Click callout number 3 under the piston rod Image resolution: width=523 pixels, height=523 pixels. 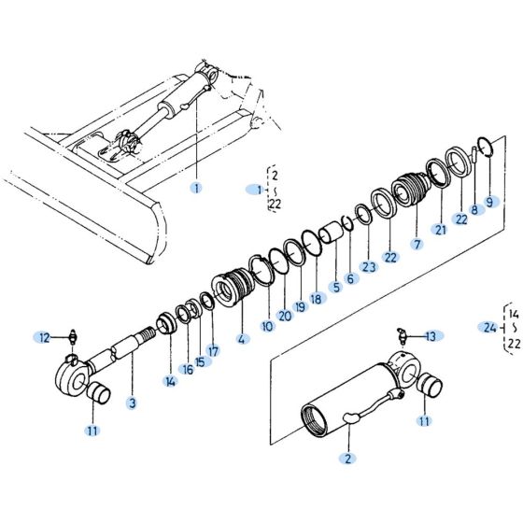[132, 403]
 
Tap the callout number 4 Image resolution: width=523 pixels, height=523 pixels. [244, 339]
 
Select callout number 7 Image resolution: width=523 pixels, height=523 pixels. [417, 244]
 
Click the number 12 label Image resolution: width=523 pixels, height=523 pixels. [44, 336]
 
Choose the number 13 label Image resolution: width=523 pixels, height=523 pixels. [431, 336]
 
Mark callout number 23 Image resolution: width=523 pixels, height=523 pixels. [369, 266]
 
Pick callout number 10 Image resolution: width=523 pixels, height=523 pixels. [267, 326]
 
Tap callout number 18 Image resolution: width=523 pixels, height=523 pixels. [316, 299]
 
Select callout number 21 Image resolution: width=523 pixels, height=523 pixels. [440, 230]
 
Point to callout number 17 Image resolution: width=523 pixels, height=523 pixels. [213, 351]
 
